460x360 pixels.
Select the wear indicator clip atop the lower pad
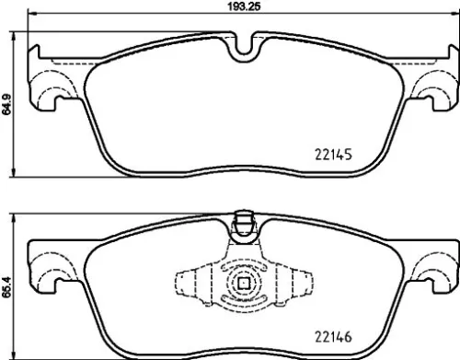[x=245, y=221]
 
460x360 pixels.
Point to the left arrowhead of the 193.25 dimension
[x=29, y=16]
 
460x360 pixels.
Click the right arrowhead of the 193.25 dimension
[x=454, y=16]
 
